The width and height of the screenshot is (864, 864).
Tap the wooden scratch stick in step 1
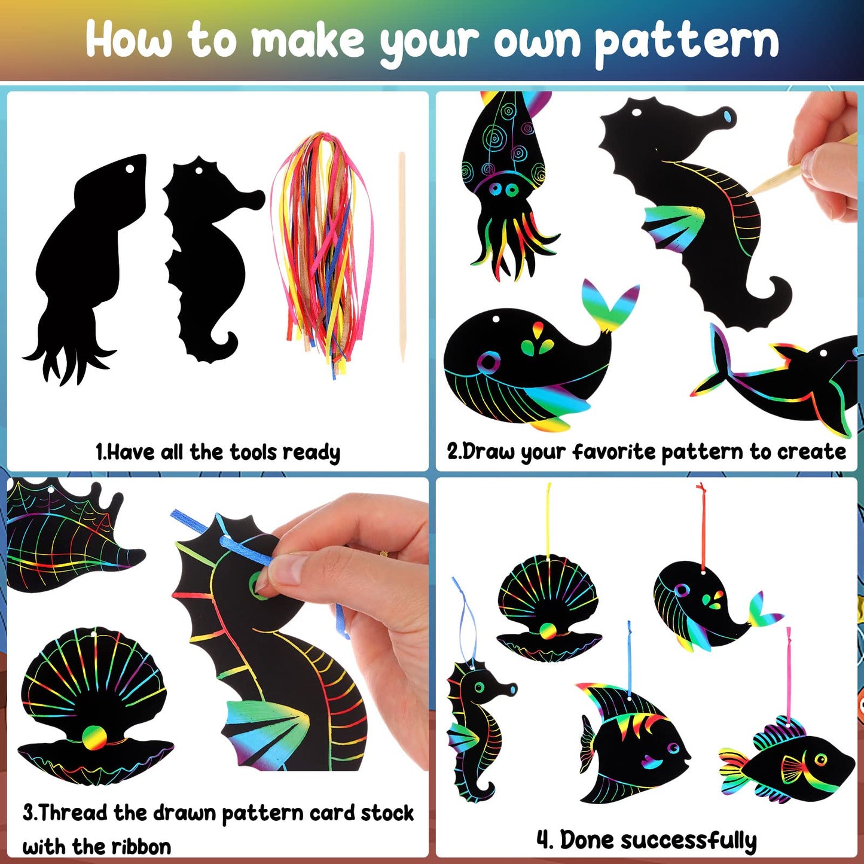pyautogui.click(x=402, y=257)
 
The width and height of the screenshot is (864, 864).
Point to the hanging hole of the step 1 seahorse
pyautogui.click(x=199, y=171)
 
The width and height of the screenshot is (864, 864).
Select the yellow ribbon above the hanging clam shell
pyautogui.click(x=548, y=521)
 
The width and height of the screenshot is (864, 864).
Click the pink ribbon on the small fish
pyautogui.click(x=788, y=677)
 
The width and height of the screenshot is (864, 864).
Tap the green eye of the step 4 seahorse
pyautogui.click(x=480, y=687)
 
